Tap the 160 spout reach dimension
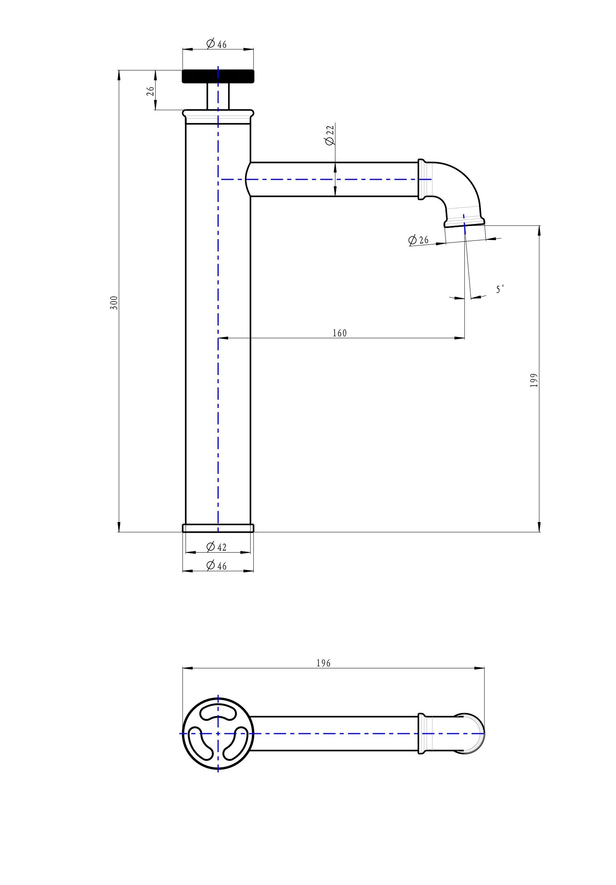(x=339, y=333)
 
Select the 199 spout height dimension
(x=534, y=380)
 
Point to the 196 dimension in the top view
(x=323, y=663)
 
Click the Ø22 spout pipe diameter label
(x=330, y=135)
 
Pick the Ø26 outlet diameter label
(x=418, y=240)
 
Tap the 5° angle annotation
(x=500, y=290)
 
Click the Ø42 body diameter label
(x=216, y=547)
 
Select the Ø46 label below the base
(x=216, y=565)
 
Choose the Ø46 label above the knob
(x=216, y=44)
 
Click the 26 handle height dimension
(x=150, y=91)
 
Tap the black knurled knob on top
(x=218, y=76)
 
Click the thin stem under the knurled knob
(x=218, y=96)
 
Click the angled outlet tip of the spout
(x=465, y=221)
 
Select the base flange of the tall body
(x=218, y=528)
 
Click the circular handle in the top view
(x=218, y=733)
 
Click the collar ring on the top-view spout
(x=421, y=733)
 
